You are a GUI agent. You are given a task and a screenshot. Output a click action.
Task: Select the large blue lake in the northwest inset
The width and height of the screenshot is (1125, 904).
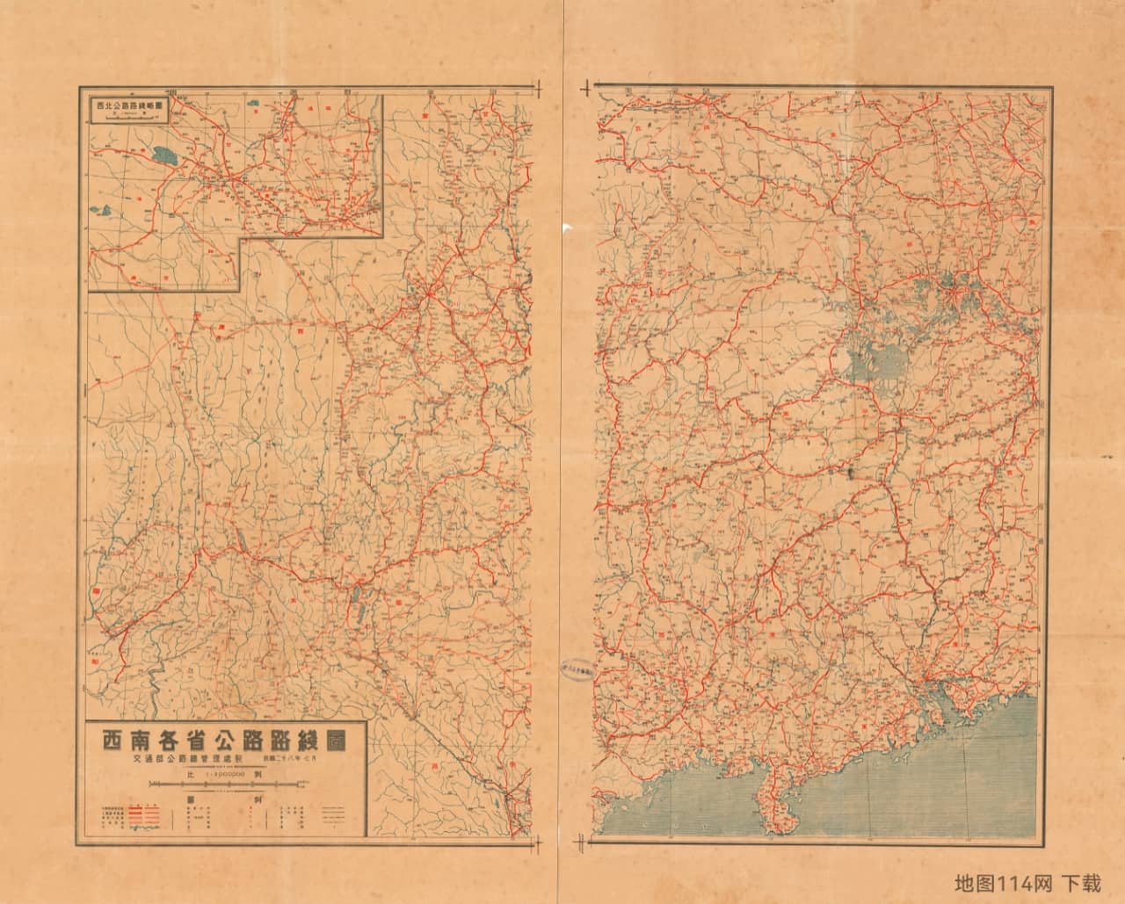coord(163,157)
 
